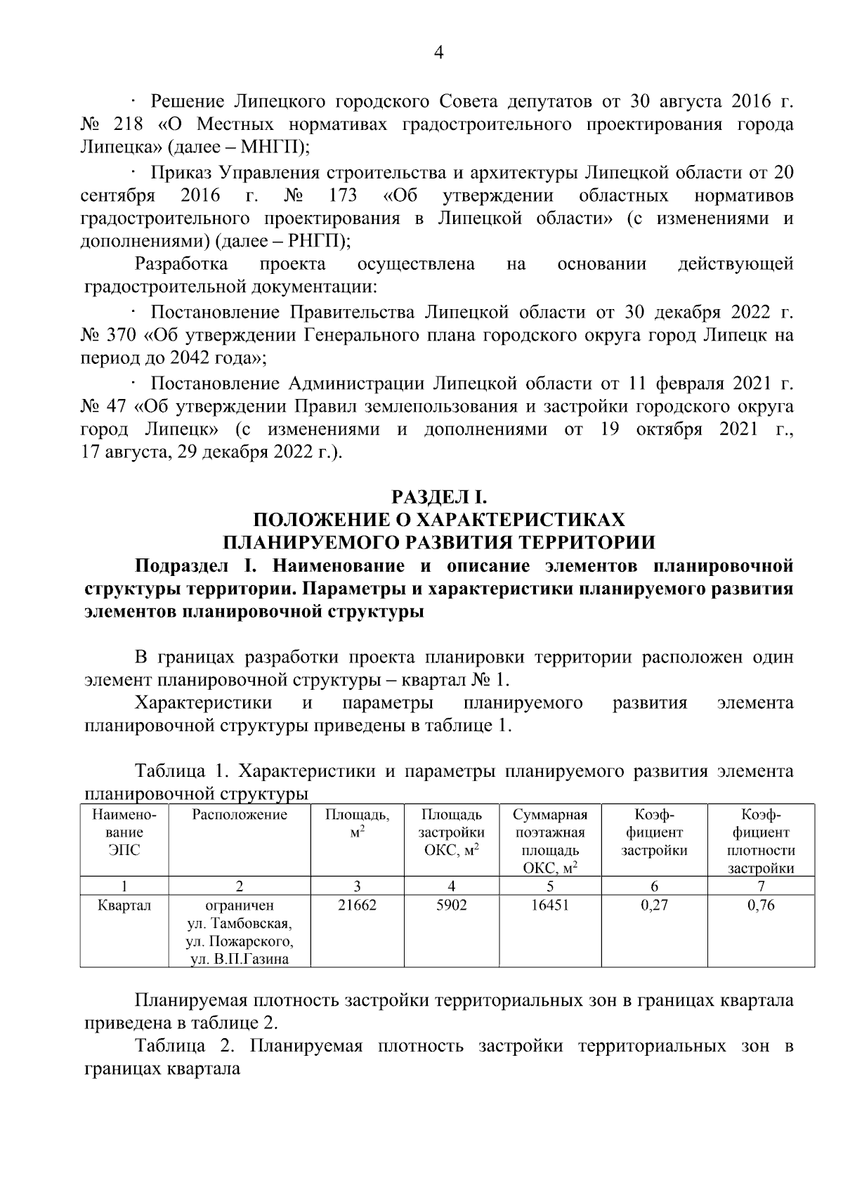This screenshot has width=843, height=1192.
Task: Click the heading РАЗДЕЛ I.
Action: click(x=438, y=497)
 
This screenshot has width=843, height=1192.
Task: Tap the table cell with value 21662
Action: click(x=357, y=905)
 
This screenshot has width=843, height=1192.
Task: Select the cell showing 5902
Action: click(x=451, y=905)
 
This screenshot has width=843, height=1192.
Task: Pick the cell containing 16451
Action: click(x=549, y=905)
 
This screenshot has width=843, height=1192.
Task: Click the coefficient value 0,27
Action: click(x=654, y=905)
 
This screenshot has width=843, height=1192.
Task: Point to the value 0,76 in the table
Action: click(x=761, y=905)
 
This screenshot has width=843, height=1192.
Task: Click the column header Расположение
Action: click(x=240, y=815)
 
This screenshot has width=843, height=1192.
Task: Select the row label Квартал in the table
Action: click(x=124, y=905)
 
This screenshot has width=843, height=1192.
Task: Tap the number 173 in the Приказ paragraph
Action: click(x=343, y=195)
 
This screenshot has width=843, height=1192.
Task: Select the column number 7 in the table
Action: click(x=761, y=885)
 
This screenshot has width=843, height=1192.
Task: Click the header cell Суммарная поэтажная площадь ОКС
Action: click(x=549, y=841)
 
